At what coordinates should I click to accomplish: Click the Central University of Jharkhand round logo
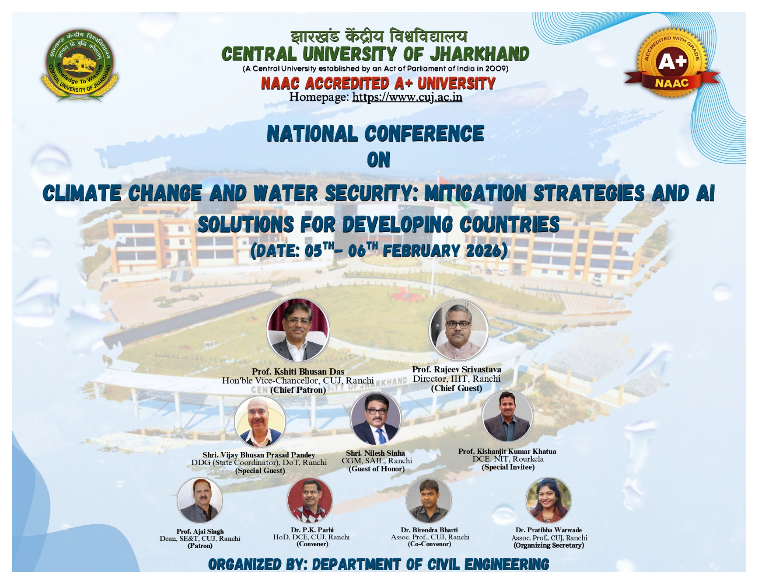coord(80,66)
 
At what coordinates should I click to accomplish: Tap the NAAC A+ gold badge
coord(672,63)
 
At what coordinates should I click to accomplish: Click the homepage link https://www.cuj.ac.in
coord(407,97)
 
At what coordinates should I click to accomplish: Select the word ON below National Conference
coord(379,160)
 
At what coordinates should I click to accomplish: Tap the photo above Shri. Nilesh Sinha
coord(376,419)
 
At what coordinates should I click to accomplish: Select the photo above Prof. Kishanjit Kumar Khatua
coord(508,417)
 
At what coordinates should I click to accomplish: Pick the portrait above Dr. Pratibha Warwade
coord(549,500)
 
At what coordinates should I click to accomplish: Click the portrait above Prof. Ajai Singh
coord(200,500)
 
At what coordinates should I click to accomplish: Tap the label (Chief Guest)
coord(457,388)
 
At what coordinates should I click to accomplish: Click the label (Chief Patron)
coord(298,390)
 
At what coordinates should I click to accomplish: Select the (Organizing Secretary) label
coord(549,545)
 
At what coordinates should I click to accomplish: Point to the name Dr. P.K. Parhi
coord(312,530)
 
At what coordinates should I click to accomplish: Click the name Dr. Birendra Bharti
coord(430,530)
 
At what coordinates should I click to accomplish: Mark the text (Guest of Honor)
coord(377,469)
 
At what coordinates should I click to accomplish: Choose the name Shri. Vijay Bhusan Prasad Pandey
coord(259,455)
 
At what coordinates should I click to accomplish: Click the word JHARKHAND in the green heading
coord(479,54)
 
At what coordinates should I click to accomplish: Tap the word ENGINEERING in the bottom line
coord(507,564)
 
